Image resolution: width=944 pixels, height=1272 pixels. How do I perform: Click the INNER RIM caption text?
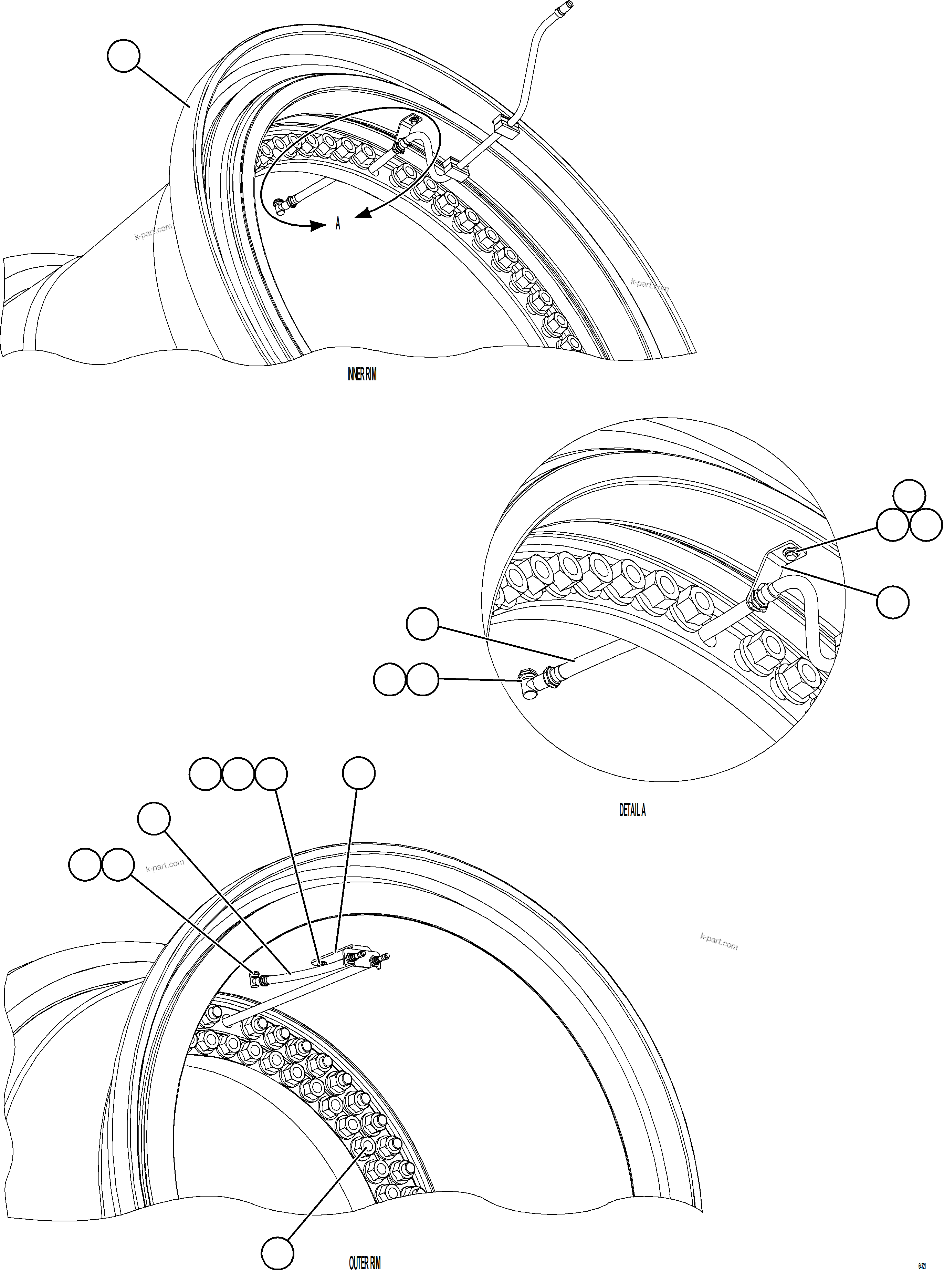pos(362,375)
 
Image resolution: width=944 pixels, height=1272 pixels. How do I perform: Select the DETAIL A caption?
pos(632,810)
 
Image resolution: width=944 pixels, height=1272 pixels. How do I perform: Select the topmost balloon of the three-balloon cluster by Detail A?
pos(909,495)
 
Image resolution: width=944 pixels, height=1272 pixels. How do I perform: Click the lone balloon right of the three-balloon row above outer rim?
pos(359,773)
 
